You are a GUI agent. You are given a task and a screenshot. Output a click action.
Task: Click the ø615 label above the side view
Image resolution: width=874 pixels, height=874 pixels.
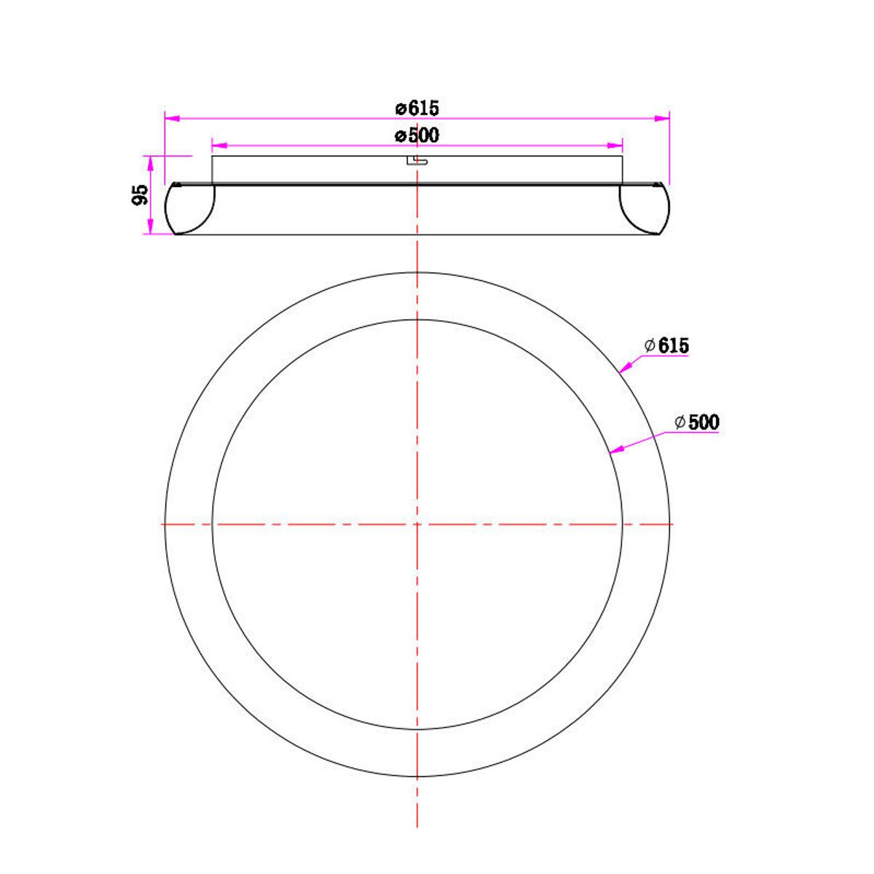[417, 109]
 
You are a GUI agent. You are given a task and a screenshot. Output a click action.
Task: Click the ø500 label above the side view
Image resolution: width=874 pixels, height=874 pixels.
[417, 135]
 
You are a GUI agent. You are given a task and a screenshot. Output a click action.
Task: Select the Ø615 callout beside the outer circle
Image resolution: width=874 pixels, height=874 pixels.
[666, 346]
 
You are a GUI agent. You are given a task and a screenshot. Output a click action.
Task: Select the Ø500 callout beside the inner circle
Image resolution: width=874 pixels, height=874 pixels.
[697, 422]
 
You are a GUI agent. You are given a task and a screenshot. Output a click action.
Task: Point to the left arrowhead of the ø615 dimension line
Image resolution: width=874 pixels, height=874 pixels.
[172, 119]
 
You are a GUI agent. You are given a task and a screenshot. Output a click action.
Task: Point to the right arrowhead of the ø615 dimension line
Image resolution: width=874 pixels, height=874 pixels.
[662, 119]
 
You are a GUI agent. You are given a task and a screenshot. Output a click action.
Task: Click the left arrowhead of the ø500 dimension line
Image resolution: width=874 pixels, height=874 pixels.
[219, 146]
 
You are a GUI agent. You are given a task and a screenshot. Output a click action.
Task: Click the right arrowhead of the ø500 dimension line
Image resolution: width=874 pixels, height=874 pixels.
[615, 146]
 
